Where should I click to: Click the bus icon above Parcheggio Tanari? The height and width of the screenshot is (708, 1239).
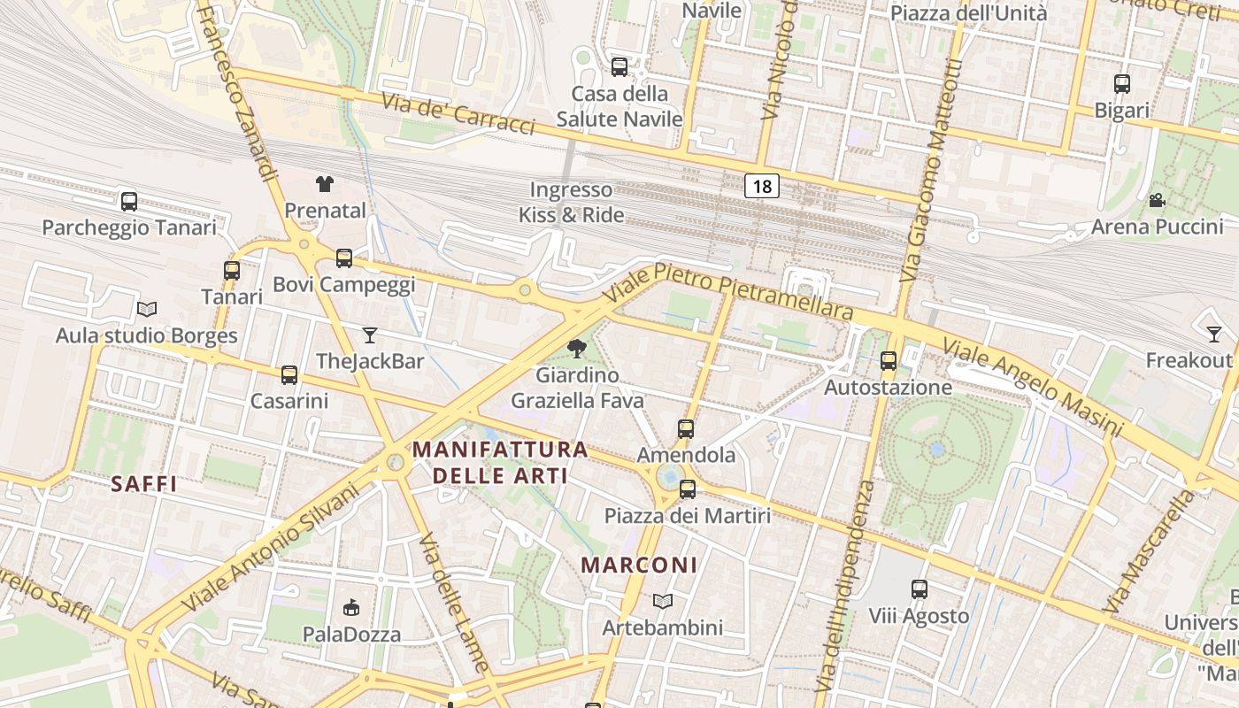pyautogui.click(x=129, y=202)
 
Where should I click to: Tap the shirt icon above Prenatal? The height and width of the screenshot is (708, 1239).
pyautogui.click(x=325, y=184)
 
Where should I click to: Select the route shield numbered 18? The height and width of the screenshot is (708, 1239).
pyautogui.click(x=762, y=186)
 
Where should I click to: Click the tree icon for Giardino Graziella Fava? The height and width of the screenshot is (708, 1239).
pyautogui.click(x=577, y=349)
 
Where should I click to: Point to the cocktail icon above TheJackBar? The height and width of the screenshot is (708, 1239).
pyautogui.click(x=370, y=335)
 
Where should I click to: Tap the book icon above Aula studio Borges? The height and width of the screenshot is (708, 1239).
pyautogui.click(x=147, y=310)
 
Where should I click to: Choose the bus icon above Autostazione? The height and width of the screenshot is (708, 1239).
pyautogui.click(x=889, y=361)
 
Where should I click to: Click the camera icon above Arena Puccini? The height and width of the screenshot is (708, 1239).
pyautogui.click(x=1157, y=201)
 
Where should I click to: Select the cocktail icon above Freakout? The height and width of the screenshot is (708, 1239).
pyautogui.click(x=1214, y=335)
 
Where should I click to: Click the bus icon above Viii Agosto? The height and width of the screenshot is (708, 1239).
pyautogui.click(x=920, y=589)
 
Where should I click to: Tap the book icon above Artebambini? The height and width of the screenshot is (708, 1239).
pyautogui.click(x=663, y=602)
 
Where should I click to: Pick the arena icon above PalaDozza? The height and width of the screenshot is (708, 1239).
pyautogui.click(x=351, y=608)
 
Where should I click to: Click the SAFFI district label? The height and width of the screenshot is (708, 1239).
pyautogui.click(x=144, y=484)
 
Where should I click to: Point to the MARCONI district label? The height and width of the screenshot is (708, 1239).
pyautogui.click(x=639, y=565)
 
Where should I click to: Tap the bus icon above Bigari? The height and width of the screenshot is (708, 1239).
pyautogui.click(x=1122, y=85)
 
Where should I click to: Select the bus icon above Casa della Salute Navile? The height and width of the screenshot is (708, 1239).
pyautogui.click(x=619, y=67)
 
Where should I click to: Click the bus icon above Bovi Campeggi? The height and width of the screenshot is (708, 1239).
pyautogui.click(x=344, y=258)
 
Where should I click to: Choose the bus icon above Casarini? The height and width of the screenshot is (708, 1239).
pyautogui.click(x=289, y=375)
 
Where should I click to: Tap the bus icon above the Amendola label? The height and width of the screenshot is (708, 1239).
pyautogui.click(x=686, y=429)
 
